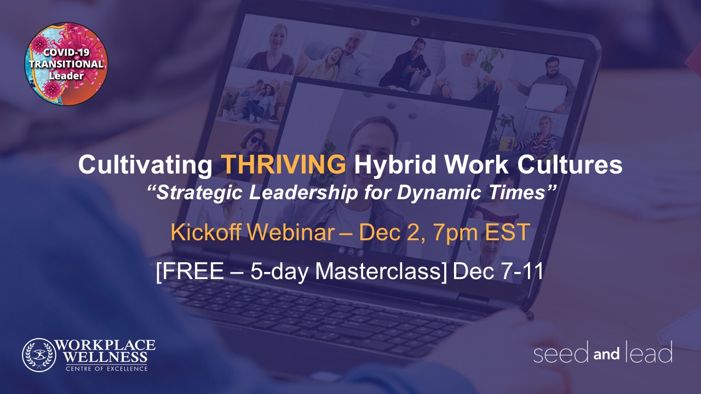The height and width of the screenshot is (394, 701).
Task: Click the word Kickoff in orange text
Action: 206,231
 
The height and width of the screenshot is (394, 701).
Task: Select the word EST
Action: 508,231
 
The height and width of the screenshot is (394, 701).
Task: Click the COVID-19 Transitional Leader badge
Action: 66,63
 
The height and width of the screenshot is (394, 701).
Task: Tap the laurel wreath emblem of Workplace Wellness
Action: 39,355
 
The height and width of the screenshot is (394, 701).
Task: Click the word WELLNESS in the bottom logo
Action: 106,357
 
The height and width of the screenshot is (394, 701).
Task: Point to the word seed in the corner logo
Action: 561,352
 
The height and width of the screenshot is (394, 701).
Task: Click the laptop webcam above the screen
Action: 415,21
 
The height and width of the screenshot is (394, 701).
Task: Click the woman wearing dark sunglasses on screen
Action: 256,148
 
